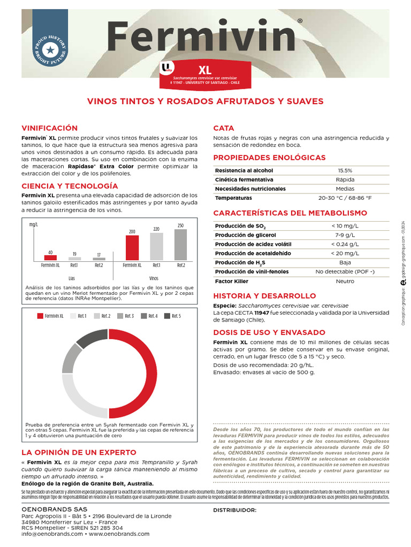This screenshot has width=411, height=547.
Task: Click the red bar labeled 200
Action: point(132,247)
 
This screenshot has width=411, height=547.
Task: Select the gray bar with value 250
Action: point(180,244)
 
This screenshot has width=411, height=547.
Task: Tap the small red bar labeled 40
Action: point(50,257)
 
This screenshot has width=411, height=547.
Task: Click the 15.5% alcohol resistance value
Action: point(345,170)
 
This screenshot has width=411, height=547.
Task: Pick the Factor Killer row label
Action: point(232,281)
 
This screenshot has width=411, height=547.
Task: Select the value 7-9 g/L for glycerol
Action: point(345,235)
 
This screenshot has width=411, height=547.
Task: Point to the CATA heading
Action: point(224,128)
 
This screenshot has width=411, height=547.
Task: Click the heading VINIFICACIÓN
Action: point(49,128)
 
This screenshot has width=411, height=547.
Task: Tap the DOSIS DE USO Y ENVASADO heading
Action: point(269,332)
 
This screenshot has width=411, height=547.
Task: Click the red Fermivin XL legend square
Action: point(40,316)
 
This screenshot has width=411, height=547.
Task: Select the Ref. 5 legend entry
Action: point(172,316)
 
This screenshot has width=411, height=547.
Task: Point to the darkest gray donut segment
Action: point(92,338)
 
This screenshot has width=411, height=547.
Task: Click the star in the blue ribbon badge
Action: point(50,50)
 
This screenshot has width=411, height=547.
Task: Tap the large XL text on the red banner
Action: point(205,70)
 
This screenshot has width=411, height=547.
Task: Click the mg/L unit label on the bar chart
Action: point(34,225)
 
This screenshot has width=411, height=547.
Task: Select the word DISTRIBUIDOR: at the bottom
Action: point(234,510)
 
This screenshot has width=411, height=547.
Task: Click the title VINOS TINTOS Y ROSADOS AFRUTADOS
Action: point(205,101)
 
